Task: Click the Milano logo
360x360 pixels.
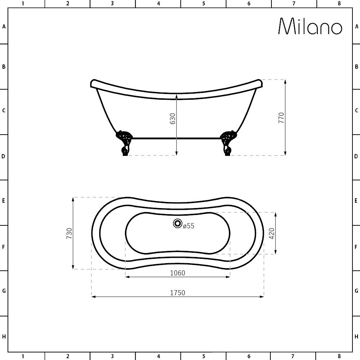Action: (310, 26)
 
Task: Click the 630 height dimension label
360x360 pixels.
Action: (173, 118)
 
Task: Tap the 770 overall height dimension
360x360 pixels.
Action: (282, 118)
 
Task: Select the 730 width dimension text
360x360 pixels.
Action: (69, 233)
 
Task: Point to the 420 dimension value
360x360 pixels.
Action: (272, 233)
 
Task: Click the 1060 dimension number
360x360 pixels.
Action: (177, 273)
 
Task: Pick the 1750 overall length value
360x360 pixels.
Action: (177, 293)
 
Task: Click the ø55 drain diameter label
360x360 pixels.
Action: (189, 226)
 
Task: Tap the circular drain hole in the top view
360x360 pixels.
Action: (177, 224)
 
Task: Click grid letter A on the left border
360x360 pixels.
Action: (4, 26)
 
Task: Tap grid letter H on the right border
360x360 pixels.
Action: (356, 337)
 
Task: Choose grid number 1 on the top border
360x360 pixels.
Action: (23, 4)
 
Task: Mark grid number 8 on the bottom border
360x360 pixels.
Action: (339, 356)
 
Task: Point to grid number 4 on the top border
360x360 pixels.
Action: (158, 4)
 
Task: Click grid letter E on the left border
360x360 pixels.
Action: (4, 201)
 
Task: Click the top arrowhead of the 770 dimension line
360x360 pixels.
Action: (285, 81)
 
